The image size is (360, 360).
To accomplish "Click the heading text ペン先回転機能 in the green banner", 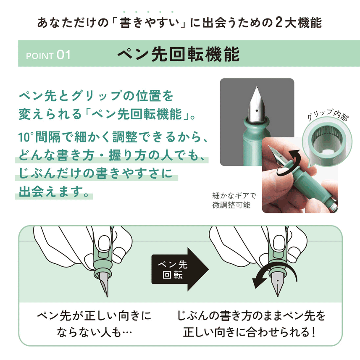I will pyautogui.click(x=178, y=54).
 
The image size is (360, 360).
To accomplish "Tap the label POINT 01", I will pyautogui.click(x=47, y=55).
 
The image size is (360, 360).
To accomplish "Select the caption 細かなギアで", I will pyautogui.click(x=234, y=196).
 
